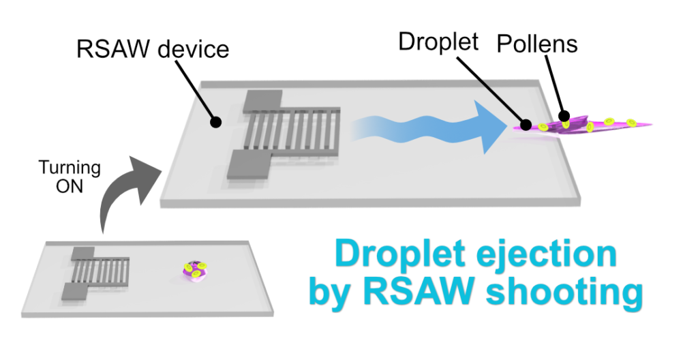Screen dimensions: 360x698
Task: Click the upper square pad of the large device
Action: [263, 101]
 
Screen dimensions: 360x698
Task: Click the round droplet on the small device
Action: [192, 269]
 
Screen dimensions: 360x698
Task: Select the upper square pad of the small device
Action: [82, 254]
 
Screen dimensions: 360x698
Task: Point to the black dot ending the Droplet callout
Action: [526, 125]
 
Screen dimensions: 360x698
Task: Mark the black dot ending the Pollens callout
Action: [564, 117]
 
